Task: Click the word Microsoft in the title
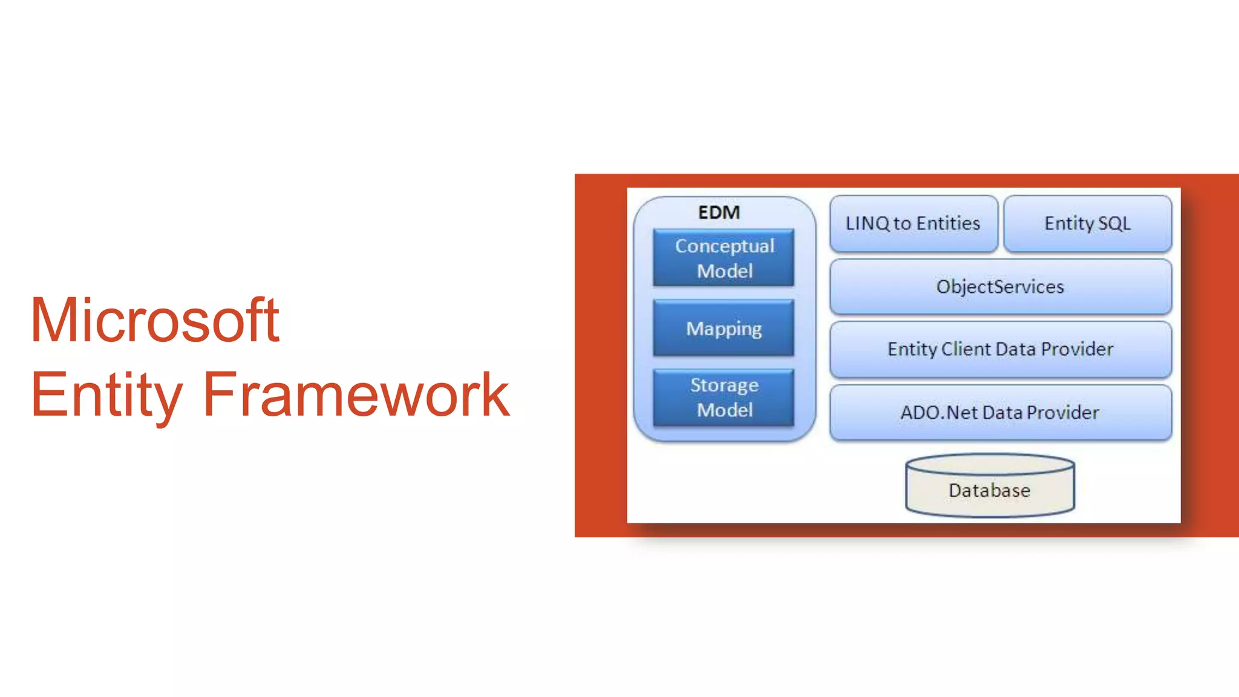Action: pyautogui.click(x=155, y=320)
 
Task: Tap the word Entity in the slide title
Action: pyautogui.click(x=106, y=395)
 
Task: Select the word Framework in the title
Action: pyautogui.click(x=356, y=395)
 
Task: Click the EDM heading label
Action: pyautogui.click(x=719, y=212)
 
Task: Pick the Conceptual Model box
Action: pyautogui.click(x=724, y=258)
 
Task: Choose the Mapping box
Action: pyautogui.click(x=724, y=328)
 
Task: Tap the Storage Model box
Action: pyautogui.click(x=724, y=398)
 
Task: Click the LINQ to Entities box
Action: pyautogui.click(x=913, y=223)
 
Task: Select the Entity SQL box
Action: pyautogui.click(x=1087, y=223)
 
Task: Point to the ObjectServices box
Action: pyautogui.click(x=1000, y=286)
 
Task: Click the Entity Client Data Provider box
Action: pyautogui.click(x=1000, y=349)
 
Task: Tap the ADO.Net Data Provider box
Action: pyautogui.click(x=1000, y=413)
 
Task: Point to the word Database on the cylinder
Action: pyautogui.click(x=989, y=490)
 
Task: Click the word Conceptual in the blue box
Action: pyautogui.click(x=725, y=246)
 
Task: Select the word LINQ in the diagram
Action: pyautogui.click(x=868, y=223)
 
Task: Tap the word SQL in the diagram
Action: pyautogui.click(x=1114, y=223)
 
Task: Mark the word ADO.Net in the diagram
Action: pyautogui.click(x=939, y=413)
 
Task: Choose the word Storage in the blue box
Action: pyautogui.click(x=725, y=385)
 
